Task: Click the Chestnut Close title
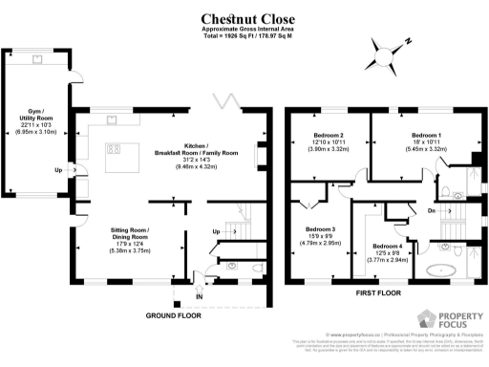(x=244, y=18)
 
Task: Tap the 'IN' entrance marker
(x=200, y=298)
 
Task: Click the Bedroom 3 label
(x=321, y=235)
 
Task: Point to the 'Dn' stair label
(x=432, y=210)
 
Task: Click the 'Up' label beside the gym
(x=59, y=171)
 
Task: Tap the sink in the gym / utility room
(x=37, y=57)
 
